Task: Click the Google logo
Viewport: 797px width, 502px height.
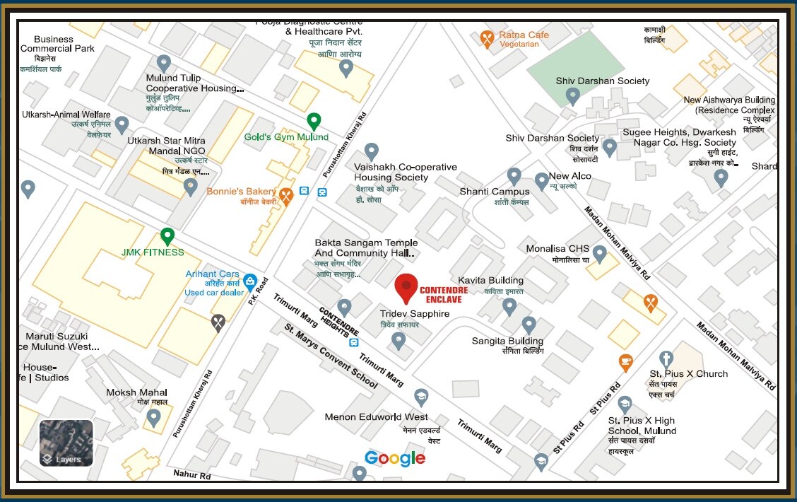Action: coord(395,458)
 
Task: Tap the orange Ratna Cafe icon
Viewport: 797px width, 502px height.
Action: coord(487,38)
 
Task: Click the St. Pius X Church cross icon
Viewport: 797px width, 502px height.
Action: coord(666,358)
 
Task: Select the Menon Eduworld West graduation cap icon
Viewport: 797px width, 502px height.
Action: coord(421,397)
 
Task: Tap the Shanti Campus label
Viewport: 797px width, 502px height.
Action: coord(495,192)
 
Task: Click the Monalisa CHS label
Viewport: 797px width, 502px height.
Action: coord(557,249)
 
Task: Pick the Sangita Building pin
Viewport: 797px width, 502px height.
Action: coord(529,325)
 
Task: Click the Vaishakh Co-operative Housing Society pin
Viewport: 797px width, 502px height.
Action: coord(371,151)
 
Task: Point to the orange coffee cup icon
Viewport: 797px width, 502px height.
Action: coord(625,361)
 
